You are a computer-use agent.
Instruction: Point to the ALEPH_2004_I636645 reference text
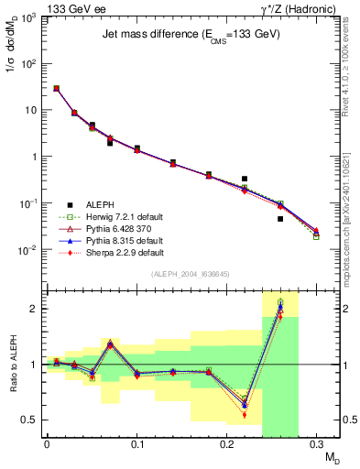pyautogui.click(x=190, y=274)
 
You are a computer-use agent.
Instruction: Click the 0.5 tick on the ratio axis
pyautogui.click(x=32, y=420)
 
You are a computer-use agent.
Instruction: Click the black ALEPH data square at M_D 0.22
pyautogui.click(x=245, y=179)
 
